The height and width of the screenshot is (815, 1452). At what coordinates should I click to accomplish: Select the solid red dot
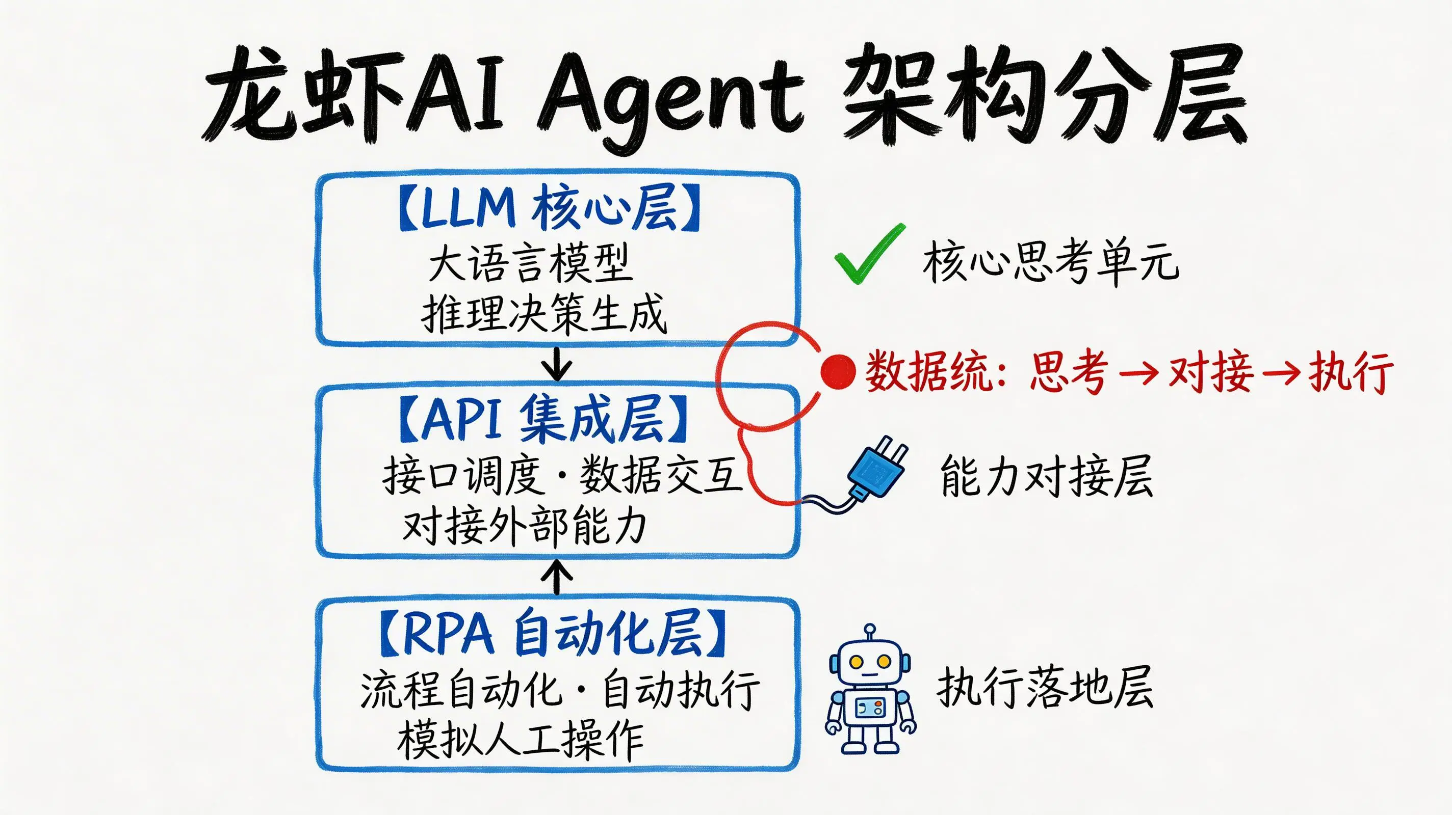[x=838, y=372]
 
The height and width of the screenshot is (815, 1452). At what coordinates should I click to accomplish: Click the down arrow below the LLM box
[x=557, y=364]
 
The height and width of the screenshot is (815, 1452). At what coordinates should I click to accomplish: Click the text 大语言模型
[x=530, y=263]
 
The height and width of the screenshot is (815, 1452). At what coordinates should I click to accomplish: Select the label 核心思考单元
[x=1050, y=262]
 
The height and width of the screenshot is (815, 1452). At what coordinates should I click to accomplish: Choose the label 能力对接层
[x=1046, y=476]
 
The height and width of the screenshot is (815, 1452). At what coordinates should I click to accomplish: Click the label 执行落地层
[x=1045, y=687]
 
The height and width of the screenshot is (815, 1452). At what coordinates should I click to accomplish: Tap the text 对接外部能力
[x=524, y=526]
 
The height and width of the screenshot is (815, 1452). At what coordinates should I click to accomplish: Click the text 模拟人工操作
[x=520, y=740]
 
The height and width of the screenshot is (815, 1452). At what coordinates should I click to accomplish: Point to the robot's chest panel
[x=870, y=708]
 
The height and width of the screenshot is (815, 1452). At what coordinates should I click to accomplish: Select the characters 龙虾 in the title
[x=304, y=96]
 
